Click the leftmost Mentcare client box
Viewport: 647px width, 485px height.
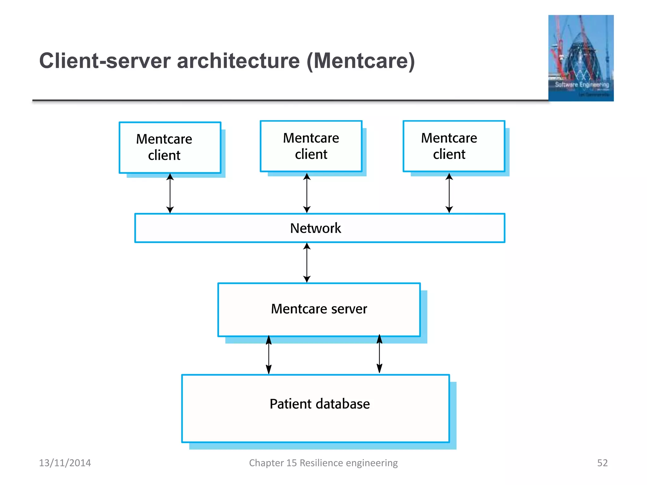coord(170,147)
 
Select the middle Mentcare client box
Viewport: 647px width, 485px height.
coord(311,146)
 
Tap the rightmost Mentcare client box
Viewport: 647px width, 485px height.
coord(454,146)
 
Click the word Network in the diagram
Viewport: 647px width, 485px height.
coord(315,228)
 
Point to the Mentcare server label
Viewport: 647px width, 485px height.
coord(319,309)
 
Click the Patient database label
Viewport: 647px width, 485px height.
coord(319,404)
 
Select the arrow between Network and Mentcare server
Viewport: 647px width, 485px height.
coord(307,262)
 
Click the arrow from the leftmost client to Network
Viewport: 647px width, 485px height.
coord(170,193)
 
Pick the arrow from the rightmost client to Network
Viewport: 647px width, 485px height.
coord(449,193)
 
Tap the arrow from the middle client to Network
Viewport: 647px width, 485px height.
coord(307,193)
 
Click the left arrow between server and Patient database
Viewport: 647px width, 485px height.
coord(269,355)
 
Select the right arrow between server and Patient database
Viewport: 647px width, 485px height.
coord(379,354)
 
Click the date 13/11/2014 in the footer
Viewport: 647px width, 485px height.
coord(65,463)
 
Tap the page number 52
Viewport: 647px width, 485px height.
coord(602,463)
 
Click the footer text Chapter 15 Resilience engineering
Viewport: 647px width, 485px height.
coord(323,463)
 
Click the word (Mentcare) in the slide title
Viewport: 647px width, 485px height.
coord(360,61)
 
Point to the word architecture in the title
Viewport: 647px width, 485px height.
coord(238,61)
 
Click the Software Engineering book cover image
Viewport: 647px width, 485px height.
coord(581,58)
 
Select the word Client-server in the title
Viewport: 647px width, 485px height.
coord(105,61)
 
